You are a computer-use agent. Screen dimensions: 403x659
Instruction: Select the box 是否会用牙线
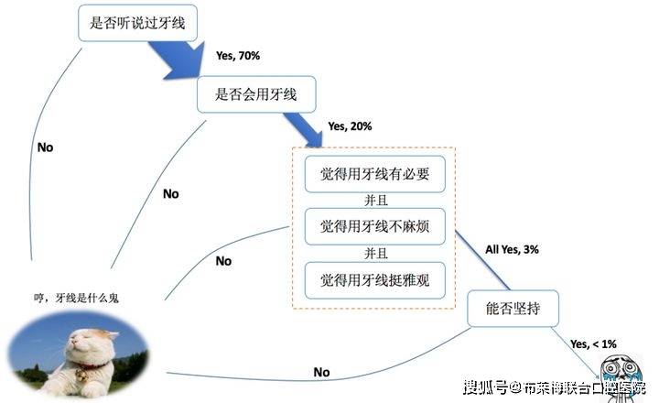(x=259, y=94)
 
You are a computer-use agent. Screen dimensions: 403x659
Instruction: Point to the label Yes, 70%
(x=238, y=56)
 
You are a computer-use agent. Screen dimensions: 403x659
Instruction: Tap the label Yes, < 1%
(x=593, y=343)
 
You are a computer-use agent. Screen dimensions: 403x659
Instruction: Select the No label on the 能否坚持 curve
(x=321, y=372)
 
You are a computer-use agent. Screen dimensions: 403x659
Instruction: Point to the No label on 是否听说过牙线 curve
(x=45, y=147)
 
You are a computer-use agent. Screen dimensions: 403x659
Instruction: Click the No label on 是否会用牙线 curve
(x=170, y=193)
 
